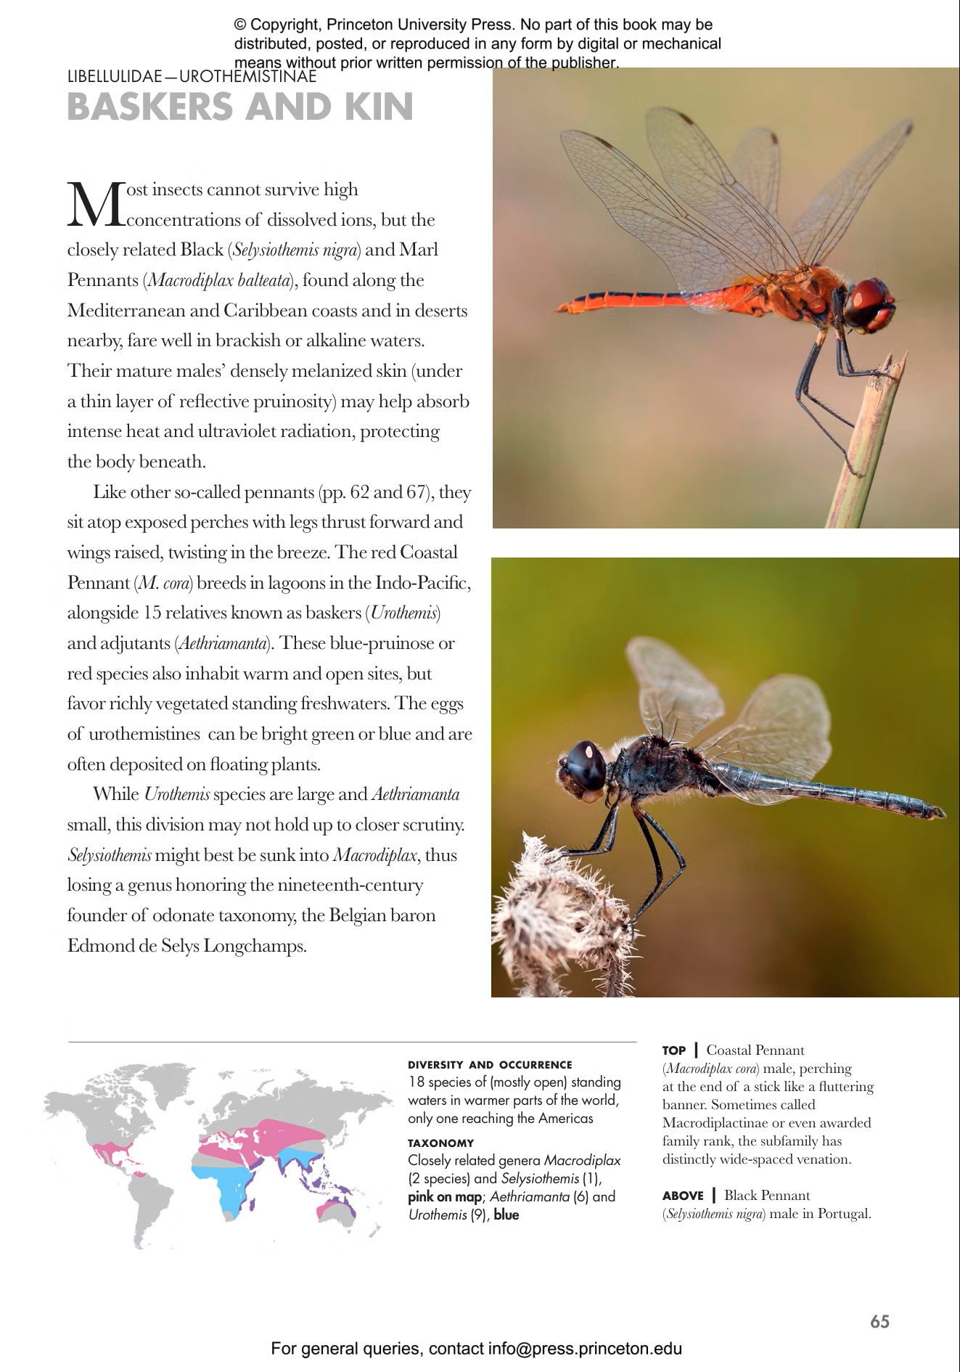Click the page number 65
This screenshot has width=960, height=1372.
click(x=879, y=1321)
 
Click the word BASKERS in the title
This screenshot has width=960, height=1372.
click(x=149, y=107)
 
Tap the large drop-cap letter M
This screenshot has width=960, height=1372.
click(x=97, y=205)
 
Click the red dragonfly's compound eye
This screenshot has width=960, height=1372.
click(x=866, y=298)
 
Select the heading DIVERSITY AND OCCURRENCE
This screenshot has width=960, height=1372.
click(x=490, y=1065)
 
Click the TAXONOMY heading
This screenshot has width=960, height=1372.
click(x=440, y=1143)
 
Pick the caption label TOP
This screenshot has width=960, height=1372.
click(x=674, y=1050)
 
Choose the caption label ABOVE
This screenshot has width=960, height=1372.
click(x=683, y=1196)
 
